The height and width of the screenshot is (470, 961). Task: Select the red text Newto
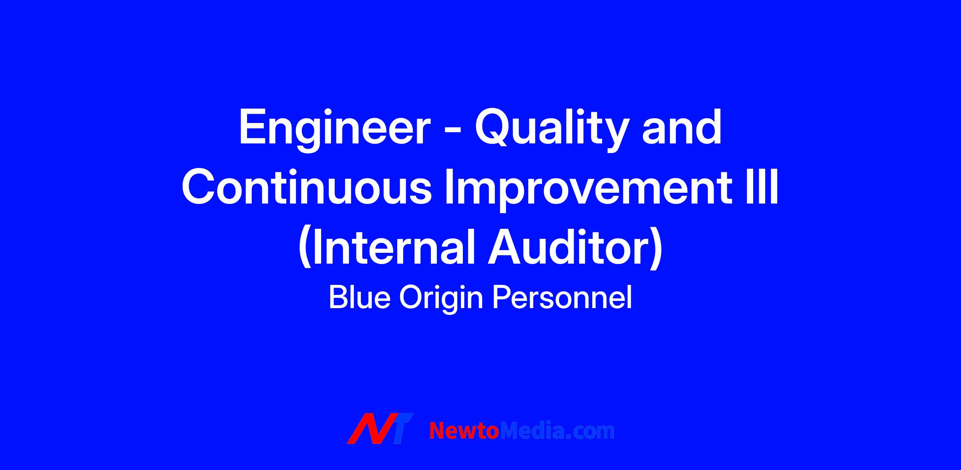pyautogui.click(x=464, y=431)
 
